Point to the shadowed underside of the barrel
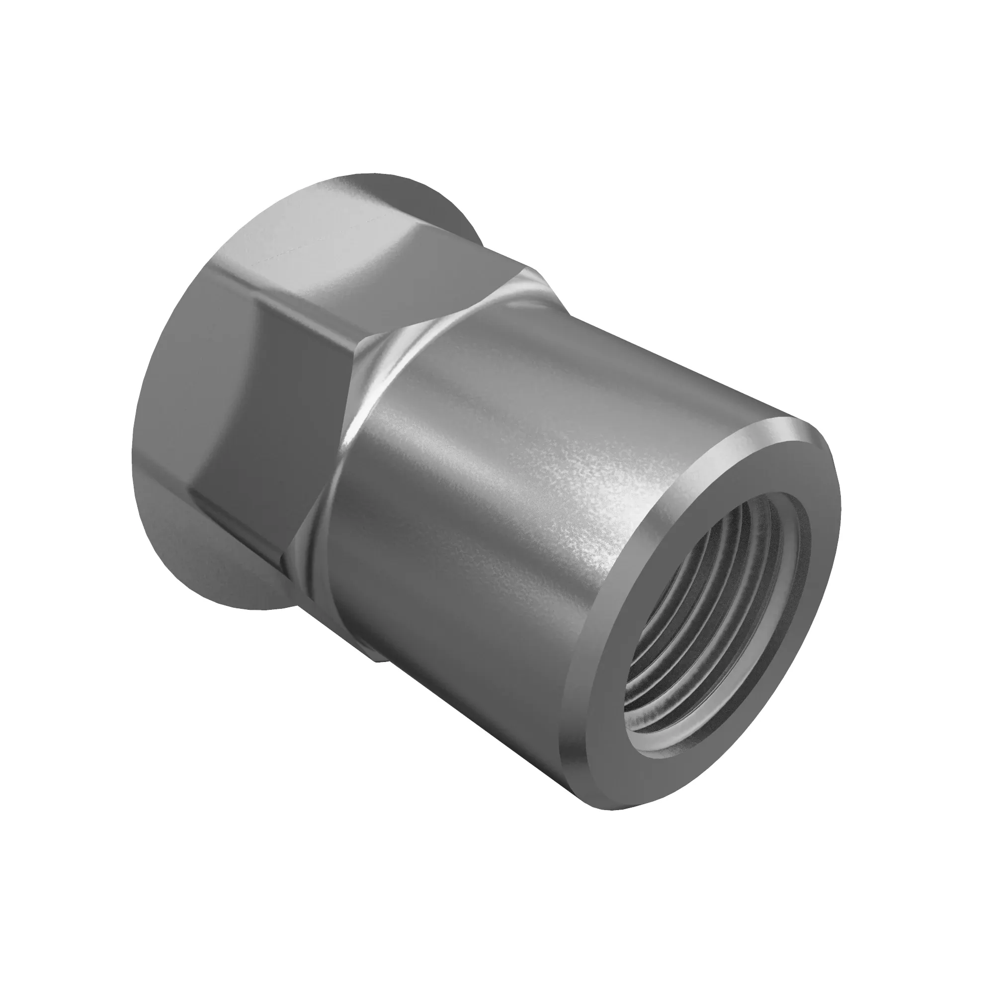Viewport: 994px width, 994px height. [x=463, y=720]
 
